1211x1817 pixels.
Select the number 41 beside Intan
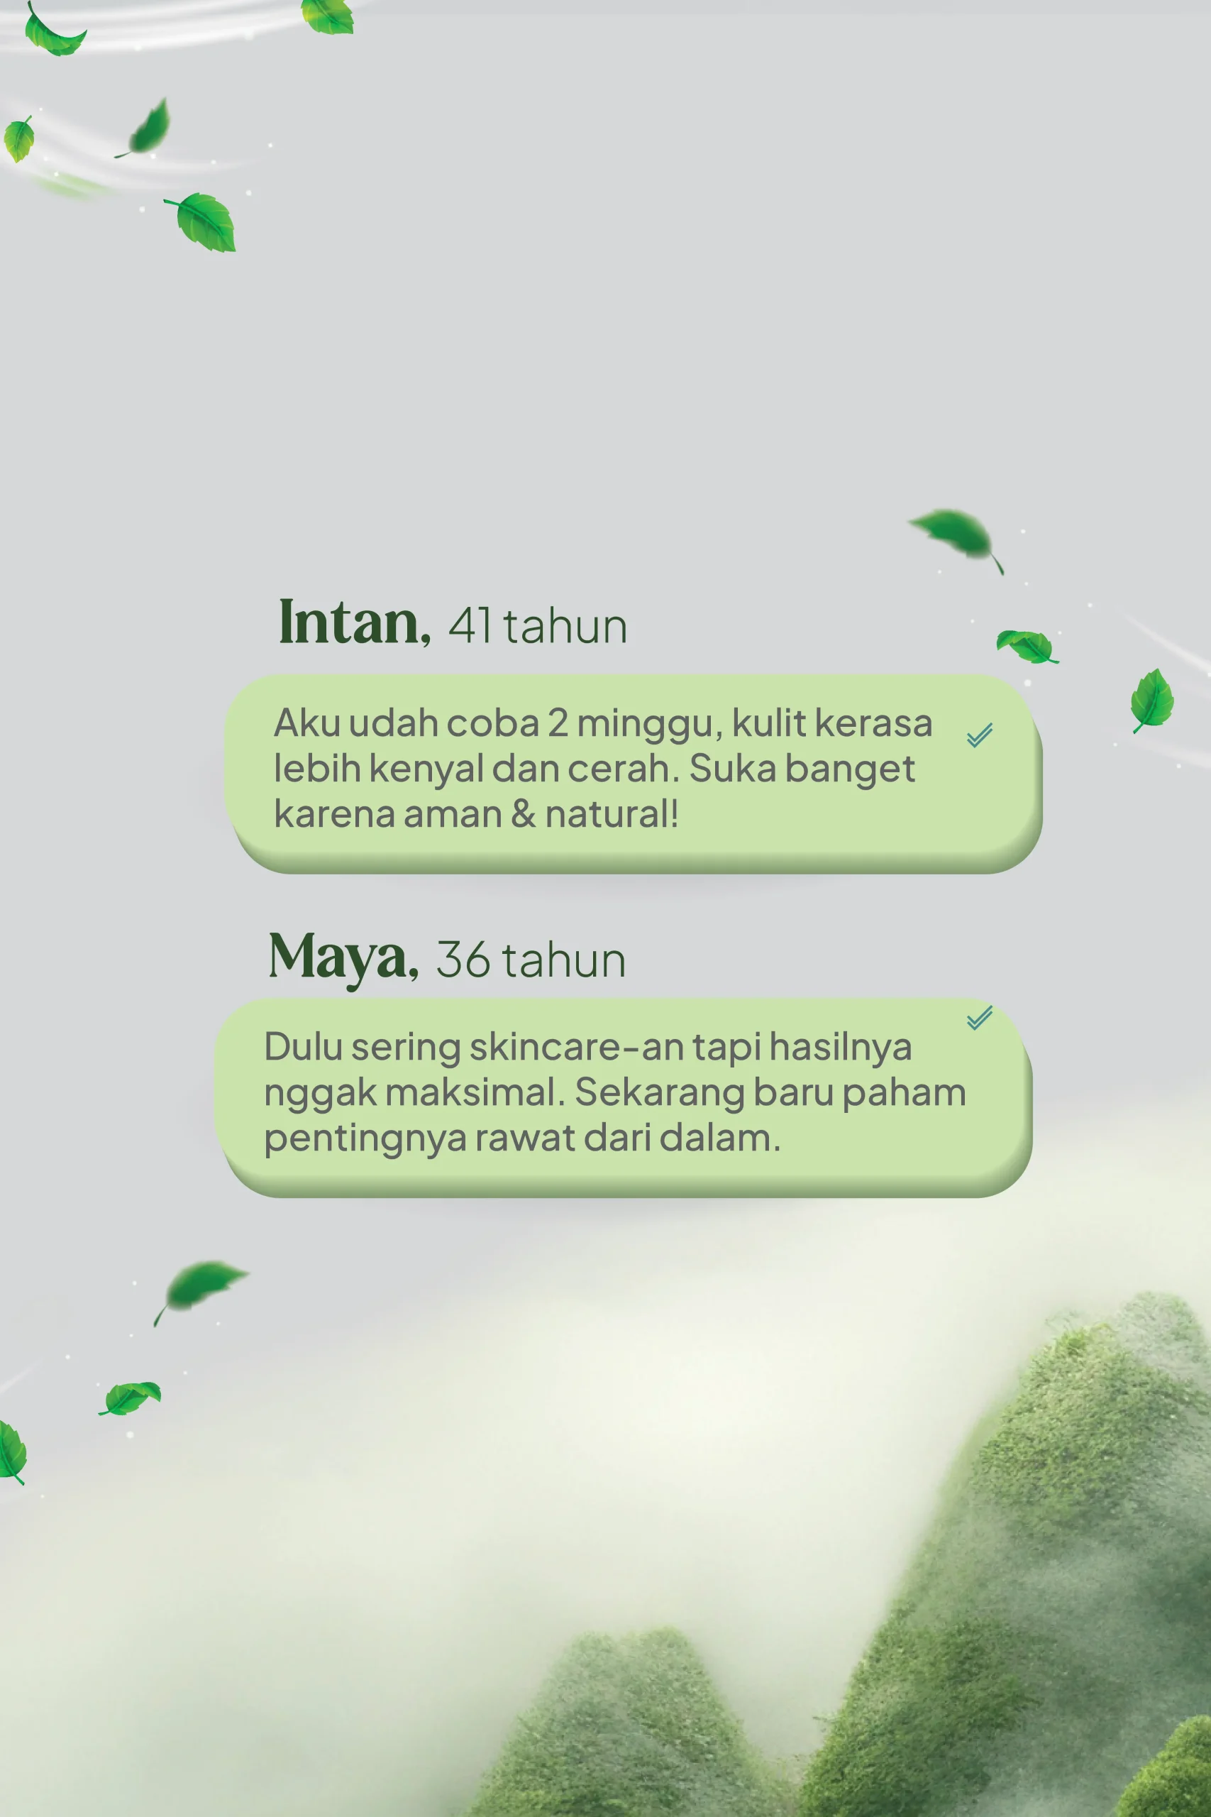pos(470,626)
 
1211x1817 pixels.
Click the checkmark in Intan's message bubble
pos(979,735)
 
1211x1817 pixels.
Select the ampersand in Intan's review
pos(523,814)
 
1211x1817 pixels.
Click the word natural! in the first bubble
pos(612,814)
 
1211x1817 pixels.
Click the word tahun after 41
pos(565,626)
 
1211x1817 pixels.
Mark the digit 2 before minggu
pos(558,724)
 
